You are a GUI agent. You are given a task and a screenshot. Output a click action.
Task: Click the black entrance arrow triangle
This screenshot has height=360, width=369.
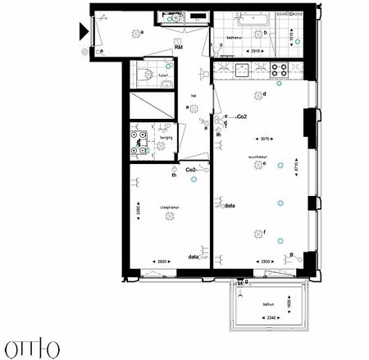84,32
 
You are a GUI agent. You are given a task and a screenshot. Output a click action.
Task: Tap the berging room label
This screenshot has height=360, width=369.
166,137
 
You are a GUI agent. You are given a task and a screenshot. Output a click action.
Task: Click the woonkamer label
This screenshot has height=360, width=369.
260,154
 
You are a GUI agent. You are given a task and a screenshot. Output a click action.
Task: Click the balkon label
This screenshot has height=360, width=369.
268,304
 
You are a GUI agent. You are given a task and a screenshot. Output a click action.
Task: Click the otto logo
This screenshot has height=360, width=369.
29,345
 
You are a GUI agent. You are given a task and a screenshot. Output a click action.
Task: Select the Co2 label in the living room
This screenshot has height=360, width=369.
242,117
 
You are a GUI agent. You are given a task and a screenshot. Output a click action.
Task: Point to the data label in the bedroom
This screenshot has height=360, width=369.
194,257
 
